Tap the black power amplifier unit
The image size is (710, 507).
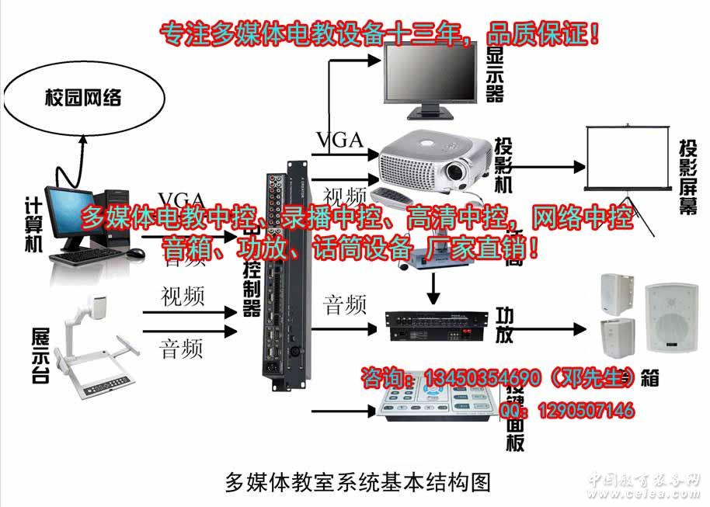[439, 325]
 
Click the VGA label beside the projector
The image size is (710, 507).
[339, 140]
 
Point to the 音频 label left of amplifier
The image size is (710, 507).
[345, 305]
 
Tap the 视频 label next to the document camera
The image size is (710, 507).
[183, 297]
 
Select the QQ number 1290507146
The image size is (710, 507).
[583, 409]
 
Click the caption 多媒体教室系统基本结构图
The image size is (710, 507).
[358, 482]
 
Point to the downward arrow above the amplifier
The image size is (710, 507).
[434, 291]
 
